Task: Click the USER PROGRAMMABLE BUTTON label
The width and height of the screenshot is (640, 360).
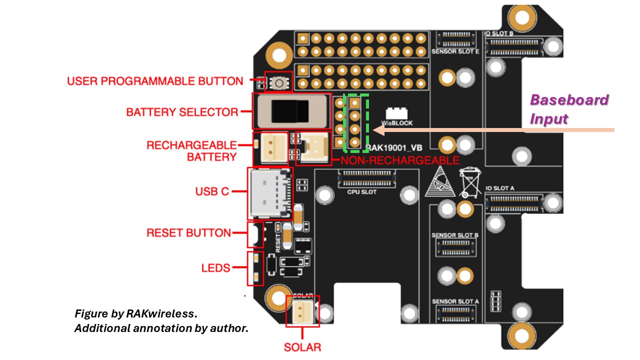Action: (x=155, y=81)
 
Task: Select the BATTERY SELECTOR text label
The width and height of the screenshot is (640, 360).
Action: (x=182, y=112)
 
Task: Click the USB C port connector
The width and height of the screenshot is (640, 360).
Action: (x=270, y=194)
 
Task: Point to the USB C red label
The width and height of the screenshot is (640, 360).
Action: (x=212, y=191)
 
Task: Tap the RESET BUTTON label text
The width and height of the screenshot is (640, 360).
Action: (x=188, y=233)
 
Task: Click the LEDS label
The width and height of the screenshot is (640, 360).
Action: (x=215, y=268)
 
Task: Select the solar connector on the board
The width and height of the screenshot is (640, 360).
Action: (x=302, y=311)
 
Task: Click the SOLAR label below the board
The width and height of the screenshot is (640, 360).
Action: (x=302, y=347)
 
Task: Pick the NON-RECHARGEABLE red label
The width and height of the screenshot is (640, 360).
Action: (x=399, y=160)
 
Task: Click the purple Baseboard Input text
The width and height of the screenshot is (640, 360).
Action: (x=569, y=109)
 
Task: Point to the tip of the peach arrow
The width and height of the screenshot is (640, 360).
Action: (x=374, y=130)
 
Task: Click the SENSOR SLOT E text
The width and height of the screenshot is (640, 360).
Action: (x=454, y=51)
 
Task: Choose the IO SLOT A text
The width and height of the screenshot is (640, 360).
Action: (x=500, y=188)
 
